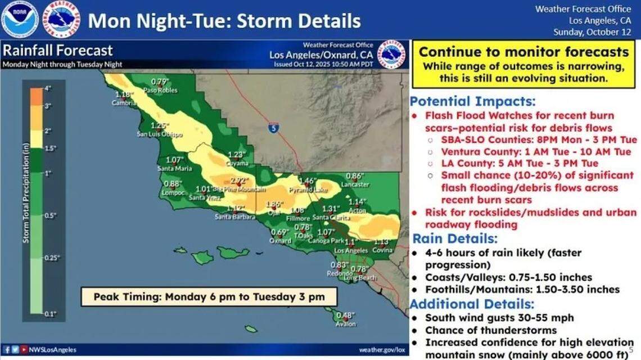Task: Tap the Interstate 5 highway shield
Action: point(273,128)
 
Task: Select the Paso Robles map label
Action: point(157,90)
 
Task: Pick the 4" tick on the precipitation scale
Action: point(47,88)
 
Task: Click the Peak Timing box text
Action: point(208,296)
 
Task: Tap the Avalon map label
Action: point(346,324)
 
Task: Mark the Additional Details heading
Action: point(472,304)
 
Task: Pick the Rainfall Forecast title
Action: point(58,51)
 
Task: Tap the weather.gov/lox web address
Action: point(382,349)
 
